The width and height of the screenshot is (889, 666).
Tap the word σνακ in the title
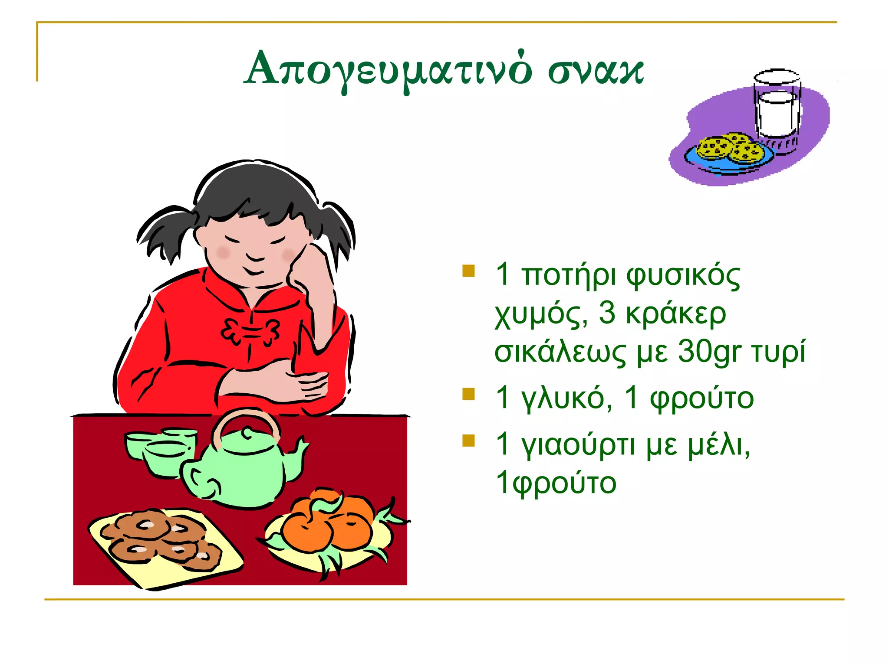tap(596, 71)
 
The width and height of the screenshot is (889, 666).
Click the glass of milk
tap(777, 108)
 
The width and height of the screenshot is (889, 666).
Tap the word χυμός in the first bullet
tap(541, 314)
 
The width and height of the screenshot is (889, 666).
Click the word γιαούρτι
tap(578, 446)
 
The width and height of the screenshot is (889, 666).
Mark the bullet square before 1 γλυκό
tap(468, 394)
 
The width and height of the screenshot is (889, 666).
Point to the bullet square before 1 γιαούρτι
tap(468, 441)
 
